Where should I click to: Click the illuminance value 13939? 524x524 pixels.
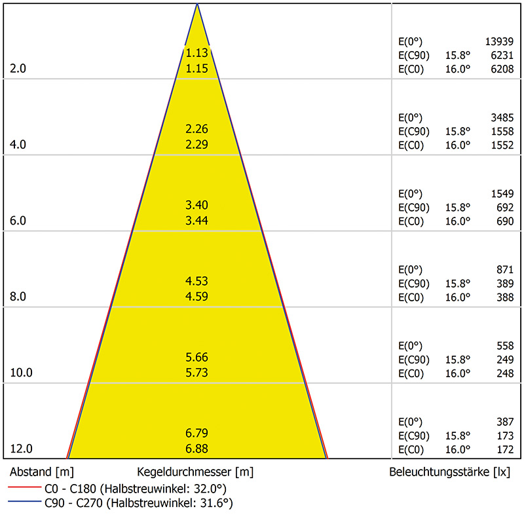coord(499,41)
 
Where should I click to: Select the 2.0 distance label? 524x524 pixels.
coord(18,69)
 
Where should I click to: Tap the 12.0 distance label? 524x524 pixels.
coord(22,449)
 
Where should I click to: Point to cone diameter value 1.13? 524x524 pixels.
coord(196,53)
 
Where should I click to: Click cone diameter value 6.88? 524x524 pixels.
coord(196,449)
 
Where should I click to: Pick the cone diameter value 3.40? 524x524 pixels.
coord(196,206)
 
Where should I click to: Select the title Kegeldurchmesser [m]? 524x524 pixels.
coord(195,472)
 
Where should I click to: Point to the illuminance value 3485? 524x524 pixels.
coord(501,118)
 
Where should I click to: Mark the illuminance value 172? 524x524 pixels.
coord(504,450)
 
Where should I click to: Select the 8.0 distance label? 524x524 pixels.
coord(18,297)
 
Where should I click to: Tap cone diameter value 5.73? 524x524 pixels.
coord(196,373)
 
